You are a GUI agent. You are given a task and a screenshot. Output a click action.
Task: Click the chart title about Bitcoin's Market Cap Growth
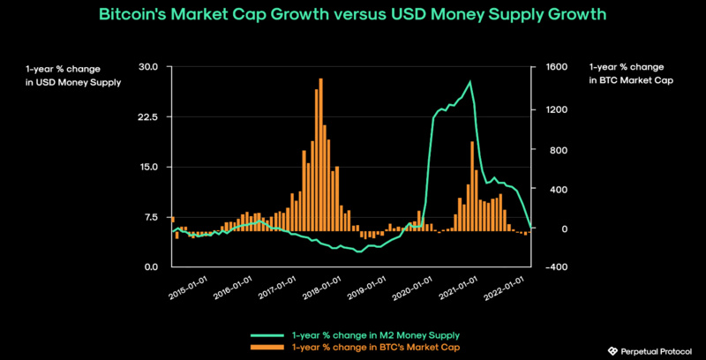tap(353, 16)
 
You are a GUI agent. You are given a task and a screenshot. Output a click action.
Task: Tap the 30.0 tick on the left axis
tap(148, 67)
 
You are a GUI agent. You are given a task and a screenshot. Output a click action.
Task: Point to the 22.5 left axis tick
tap(148, 116)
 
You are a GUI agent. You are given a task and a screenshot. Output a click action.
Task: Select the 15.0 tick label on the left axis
tap(148, 167)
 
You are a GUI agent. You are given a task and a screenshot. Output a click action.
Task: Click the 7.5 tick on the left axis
tap(150, 217)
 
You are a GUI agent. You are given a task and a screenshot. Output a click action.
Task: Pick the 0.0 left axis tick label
tap(150, 266)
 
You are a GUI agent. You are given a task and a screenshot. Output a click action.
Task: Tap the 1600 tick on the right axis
tap(551, 67)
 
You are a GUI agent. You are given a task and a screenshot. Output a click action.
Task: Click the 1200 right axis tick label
tap(551, 110)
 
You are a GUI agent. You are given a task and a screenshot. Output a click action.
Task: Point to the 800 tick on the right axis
tap(548, 150)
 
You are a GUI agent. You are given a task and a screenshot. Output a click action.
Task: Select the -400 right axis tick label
tap(549, 266)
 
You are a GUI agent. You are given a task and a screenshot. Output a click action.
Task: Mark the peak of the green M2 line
tap(470, 82)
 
